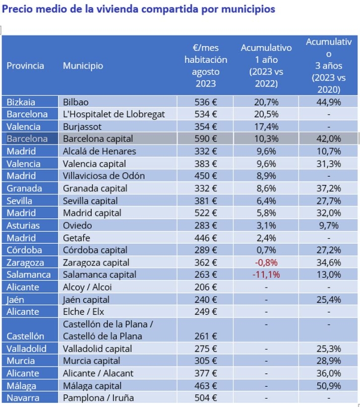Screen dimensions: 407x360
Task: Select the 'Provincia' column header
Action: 25,66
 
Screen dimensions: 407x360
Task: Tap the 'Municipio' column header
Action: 83,66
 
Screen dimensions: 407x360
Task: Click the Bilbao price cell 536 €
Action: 205,102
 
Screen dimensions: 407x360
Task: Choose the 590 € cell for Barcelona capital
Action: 205,139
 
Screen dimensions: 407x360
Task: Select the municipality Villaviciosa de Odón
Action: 103,176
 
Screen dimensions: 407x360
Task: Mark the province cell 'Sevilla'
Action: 21,200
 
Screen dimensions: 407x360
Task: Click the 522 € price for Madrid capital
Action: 205,213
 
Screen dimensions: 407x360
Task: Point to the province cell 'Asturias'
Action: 23,225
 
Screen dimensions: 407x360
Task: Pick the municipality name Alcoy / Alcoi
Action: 87,287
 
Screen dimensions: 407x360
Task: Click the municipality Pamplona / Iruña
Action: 98,398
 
